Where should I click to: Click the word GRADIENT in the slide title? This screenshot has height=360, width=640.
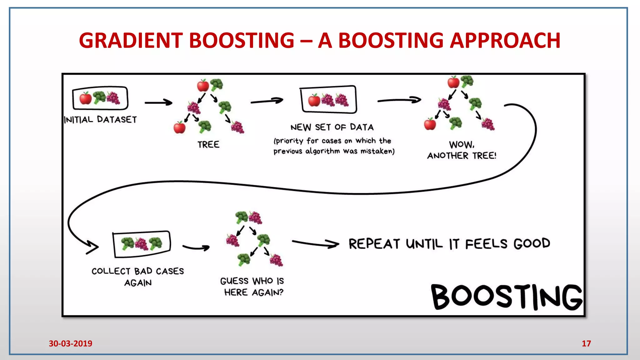pyautogui.click(x=131, y=41)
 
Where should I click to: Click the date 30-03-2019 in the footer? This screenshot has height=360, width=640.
pyautogui.click(x=70, y=343)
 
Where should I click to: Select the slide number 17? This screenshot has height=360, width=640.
pyautogui.click(x=586, y=343)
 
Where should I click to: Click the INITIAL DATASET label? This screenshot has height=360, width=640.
pyautogui.click(x=100, y=120)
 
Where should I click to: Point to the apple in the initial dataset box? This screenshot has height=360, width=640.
pyautogui.click(x=85, y=98)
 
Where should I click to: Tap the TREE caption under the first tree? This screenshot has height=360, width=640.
pyautogui.click(x=208, y=144)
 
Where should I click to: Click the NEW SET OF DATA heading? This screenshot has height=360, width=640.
pyautogui.click(x=332, y=127)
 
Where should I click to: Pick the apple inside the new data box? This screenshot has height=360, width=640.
pyautogui.click(x=314, y=100)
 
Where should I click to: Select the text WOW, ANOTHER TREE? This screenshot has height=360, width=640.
pyautogui.click(x=462, y=150)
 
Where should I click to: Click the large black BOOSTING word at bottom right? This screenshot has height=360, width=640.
pyautogui.click(x=506, y=297)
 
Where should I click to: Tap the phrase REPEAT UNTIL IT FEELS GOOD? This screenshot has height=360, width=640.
pyautogui.click(x=449, y=244)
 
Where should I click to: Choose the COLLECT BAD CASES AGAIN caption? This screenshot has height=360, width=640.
pyautogui.click(x=138, y=277)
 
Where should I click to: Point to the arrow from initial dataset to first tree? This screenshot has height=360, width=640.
pyautogui.click(x=158, y=102)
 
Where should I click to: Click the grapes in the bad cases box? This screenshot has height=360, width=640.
pyautogui.click(x=141, y=244)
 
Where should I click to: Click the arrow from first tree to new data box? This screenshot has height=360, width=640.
pyautogui.click(x=267, y=101)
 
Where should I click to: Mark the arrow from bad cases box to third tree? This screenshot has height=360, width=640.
pyautogui.click(x=196, y=248)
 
